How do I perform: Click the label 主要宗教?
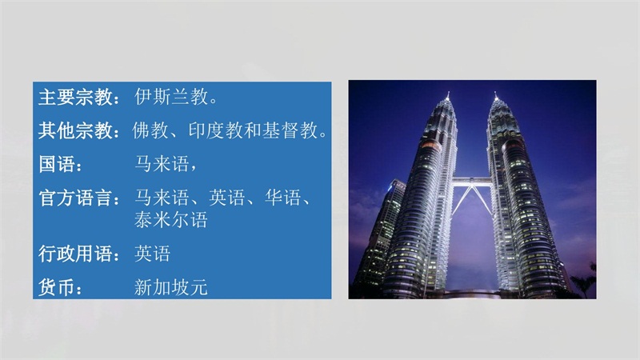point(75,97)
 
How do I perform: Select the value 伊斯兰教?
point(172,97)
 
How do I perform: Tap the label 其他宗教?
point(75,130)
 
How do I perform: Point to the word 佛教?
point(150,130)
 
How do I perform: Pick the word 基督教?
point(290,130)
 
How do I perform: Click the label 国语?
point(57,164)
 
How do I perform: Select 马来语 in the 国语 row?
point(162,164)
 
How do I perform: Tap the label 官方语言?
point(75,198)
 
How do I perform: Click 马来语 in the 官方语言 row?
point(162,198)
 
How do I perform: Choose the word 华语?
point(283,198)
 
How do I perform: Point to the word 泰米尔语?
point(171,219)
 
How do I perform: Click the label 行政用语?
point(75,254)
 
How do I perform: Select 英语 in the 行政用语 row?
point(153,254)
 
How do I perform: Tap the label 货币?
point(57,287)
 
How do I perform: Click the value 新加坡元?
point(171,287)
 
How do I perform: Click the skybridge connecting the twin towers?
point(471,180)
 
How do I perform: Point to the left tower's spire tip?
point(448,92)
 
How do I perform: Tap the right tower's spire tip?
point(495,92)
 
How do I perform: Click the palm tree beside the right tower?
point(585,281)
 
